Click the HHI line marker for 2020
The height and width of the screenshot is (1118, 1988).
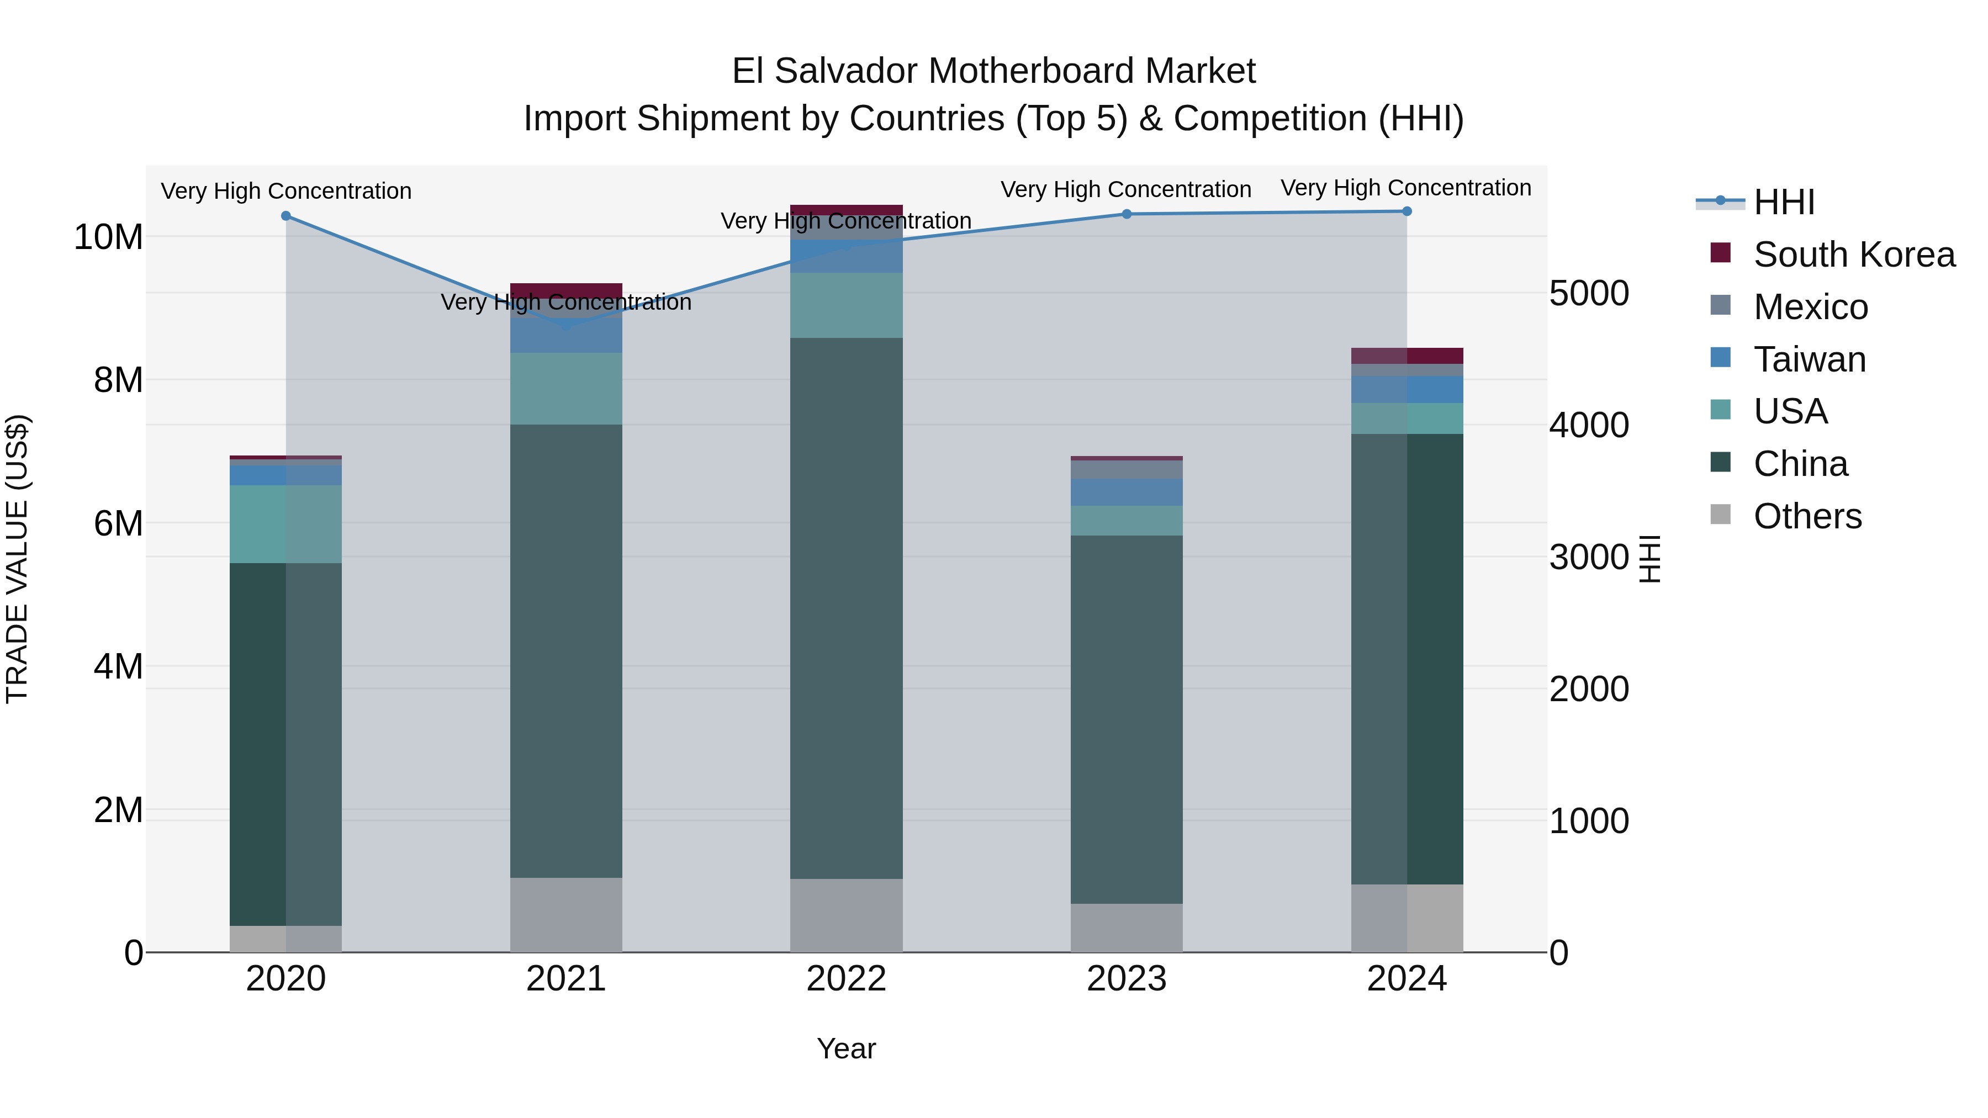285,216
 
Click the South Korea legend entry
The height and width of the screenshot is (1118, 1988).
1854,255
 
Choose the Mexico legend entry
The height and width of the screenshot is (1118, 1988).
1811,307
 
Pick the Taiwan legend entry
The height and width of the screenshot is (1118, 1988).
1809,359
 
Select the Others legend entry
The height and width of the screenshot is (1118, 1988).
1807,516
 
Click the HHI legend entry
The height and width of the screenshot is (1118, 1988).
1784,202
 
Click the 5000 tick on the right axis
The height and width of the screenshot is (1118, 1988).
1589,293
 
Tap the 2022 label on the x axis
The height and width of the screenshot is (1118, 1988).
846,979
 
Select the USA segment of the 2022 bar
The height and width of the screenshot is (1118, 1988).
846,305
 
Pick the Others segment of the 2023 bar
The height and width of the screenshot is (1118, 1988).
1126,928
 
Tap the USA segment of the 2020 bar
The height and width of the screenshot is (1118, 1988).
285,524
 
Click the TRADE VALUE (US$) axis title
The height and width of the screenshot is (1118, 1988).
17,559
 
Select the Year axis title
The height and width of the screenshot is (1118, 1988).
846,1048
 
